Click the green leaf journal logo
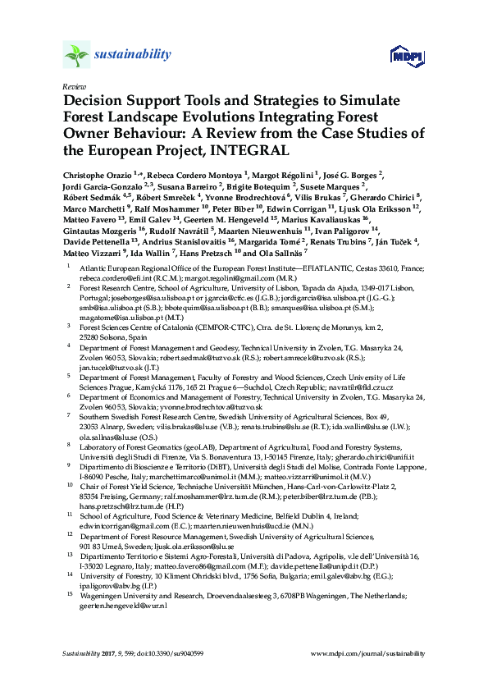pos(75,55)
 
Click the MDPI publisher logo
pos(406,56)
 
